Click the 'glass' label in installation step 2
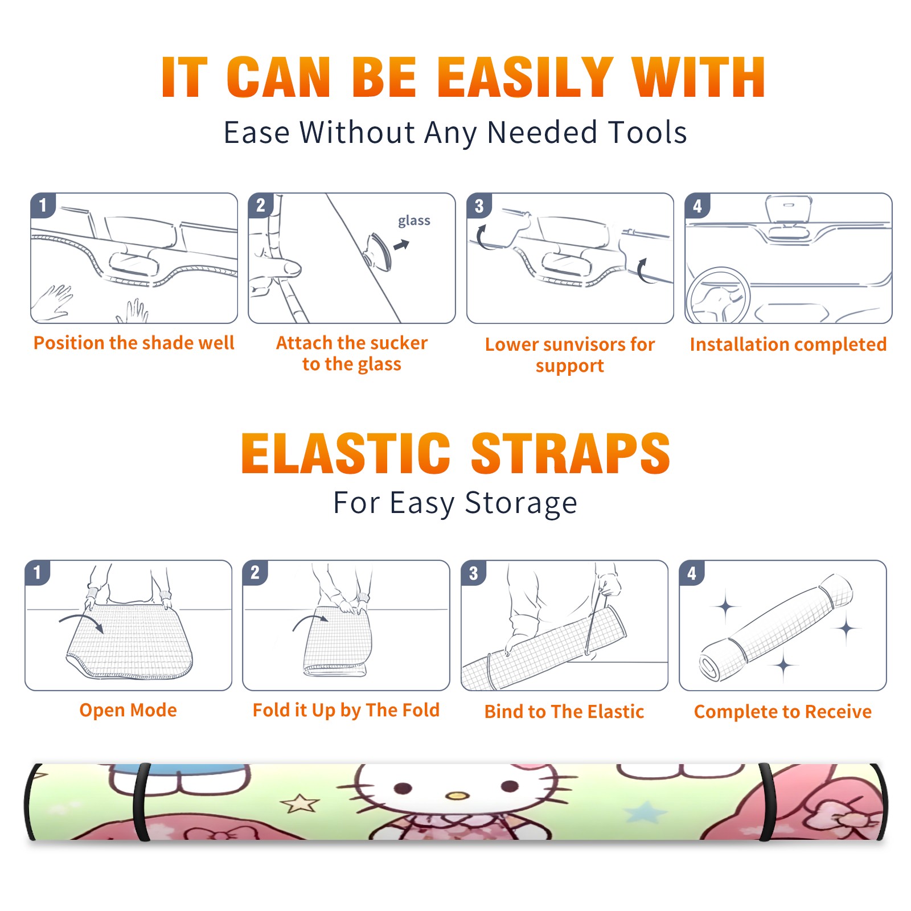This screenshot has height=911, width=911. [414, 221]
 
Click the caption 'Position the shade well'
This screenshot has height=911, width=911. [134, 343]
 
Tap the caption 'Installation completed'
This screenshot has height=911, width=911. [788, 344]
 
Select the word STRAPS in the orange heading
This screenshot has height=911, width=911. [571, 453]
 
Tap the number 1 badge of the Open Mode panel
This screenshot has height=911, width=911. [38, 572]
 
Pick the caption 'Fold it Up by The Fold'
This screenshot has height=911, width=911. [346, 710]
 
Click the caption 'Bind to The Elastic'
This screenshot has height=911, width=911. [564, 712]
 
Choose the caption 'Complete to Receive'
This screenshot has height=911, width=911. [783, 712]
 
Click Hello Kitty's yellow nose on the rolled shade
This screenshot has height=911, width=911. [457, 795]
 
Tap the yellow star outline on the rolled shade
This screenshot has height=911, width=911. [300, 803]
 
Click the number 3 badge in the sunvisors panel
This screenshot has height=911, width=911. [479, 206]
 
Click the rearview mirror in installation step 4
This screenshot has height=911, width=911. [789, 209]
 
